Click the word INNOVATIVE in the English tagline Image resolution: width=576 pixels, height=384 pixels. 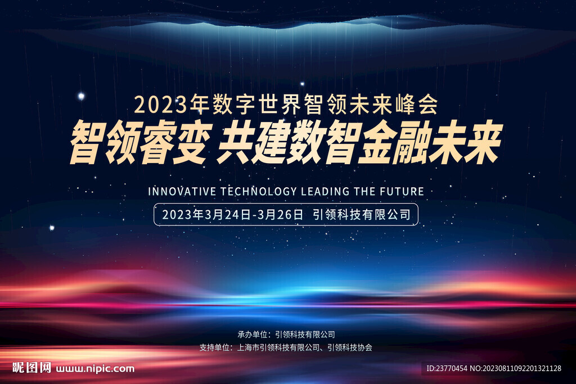pyautogui.click(x=182, y=191)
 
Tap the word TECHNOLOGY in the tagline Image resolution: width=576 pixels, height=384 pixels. pyautogui.click(x=259, y=191)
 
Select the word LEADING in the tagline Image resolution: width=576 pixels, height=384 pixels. pyautogui.click(x=326, y=191)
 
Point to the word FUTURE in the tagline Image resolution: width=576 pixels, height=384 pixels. pyautogui.click(x=402, y=191)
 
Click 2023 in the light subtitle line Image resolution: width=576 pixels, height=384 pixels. pyautogui.click(x=161, y=105)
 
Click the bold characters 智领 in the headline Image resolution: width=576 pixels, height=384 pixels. pyautogui.click(x=103, y=142)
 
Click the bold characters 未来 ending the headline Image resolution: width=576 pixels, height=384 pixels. pyautogui.click(x=465, y=142)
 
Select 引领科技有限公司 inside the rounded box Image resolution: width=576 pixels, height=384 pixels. pyautogui.click(x=362, y=214)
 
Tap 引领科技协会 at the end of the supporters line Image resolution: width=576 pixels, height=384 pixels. pyautogui.click(x=350, y=347)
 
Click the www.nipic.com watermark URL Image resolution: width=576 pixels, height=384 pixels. pyautogui.click(x=95, y=369)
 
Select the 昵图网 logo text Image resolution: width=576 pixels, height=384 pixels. pyautogui.click(x=31, y=368)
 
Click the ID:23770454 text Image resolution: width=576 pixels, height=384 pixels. pyautogui.click(x=447, y=368)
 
